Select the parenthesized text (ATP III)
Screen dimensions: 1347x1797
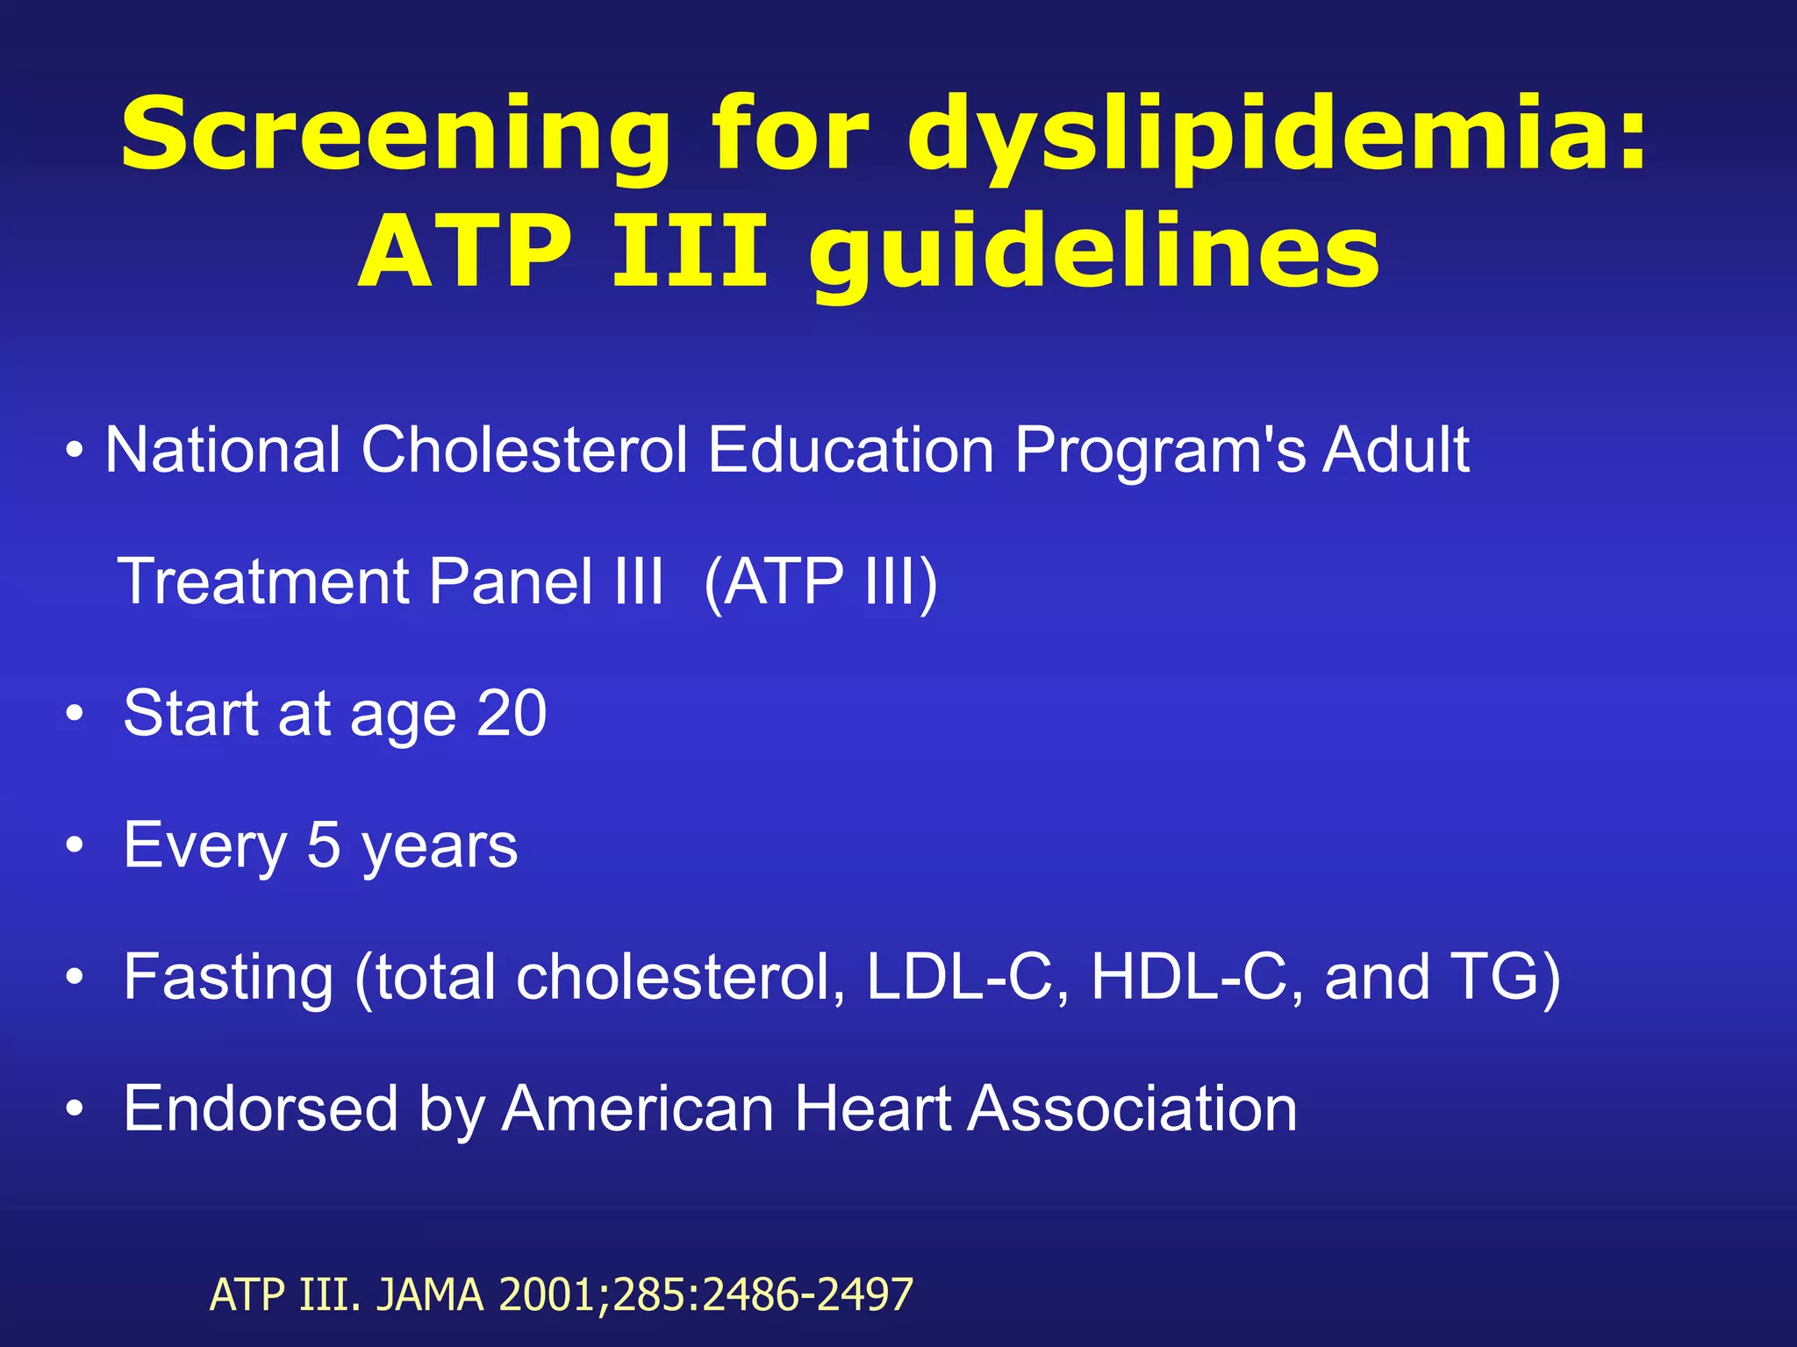tap(820, 581)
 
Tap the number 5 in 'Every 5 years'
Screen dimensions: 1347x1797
tap(324, 845)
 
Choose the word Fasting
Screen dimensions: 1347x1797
tap(228, 977)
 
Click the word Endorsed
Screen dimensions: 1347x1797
tap(261, 1109)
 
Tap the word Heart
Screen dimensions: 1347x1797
tap(872, 1109)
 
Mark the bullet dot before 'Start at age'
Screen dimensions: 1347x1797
tap(75, 714)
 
